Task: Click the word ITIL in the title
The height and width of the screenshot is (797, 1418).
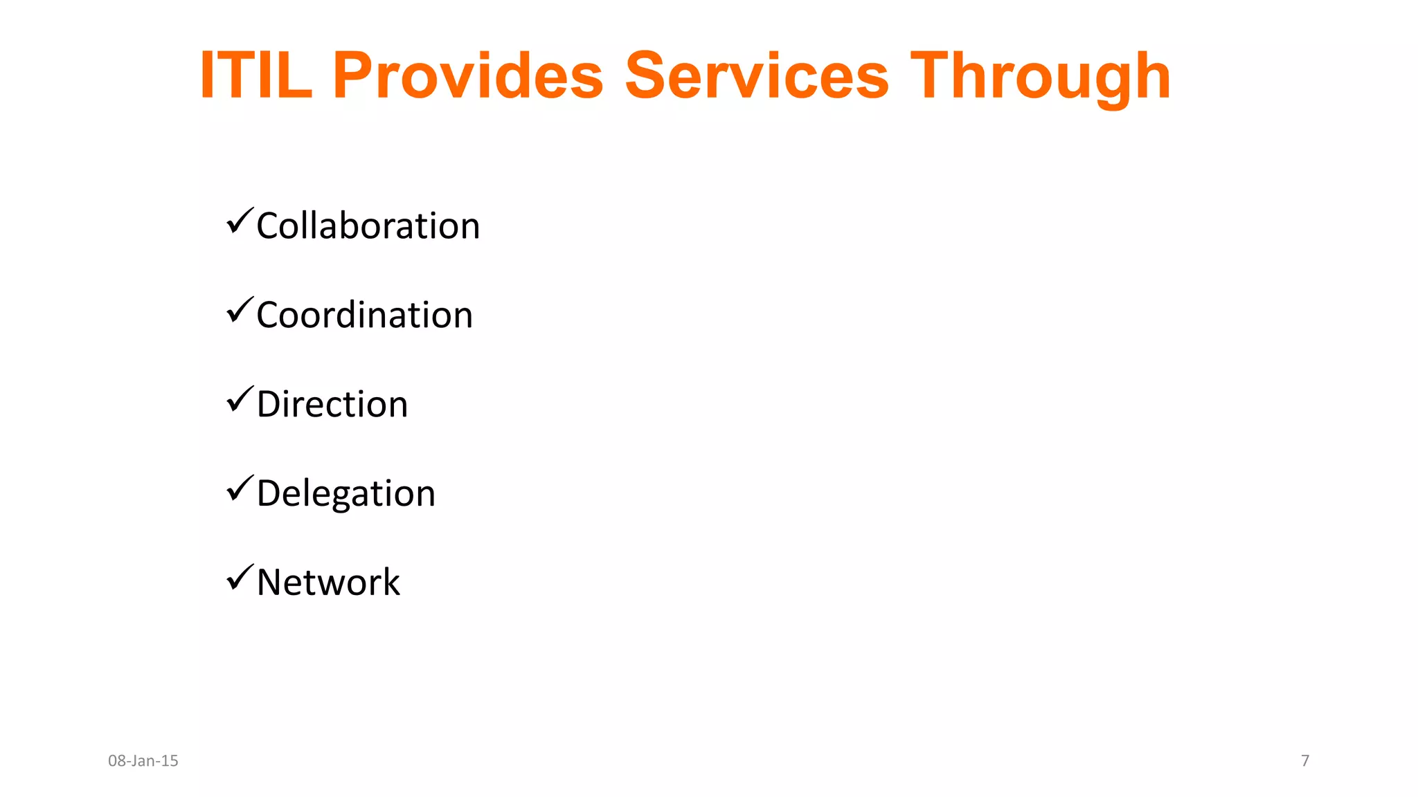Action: [x=255, y=75]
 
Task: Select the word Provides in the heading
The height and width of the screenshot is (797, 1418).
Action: [x=468, y=75]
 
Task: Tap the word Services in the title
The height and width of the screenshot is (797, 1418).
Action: [x=757, y=75]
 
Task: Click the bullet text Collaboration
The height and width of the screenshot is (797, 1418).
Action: [x=368, y=226]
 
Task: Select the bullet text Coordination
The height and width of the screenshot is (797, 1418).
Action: [x=364, y=315]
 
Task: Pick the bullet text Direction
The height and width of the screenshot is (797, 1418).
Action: [x=332, y=404]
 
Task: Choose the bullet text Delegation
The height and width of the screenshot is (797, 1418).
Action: [x=345, y=494]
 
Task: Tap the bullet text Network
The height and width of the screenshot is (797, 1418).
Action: [x=328, y=583]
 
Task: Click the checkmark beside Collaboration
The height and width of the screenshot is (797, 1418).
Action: [x=240, y=221]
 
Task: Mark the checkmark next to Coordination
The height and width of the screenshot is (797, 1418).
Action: [x=240, y=310]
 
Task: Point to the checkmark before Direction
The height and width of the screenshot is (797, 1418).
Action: [x=240, y=399]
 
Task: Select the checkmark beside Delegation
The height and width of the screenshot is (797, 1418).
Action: [x=240, y=488]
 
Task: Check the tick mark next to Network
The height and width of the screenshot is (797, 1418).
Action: [x=240, y=577]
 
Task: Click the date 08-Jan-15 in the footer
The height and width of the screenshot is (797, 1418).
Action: [x=143, y=761]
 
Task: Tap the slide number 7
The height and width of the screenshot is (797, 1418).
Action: [x=1305, y=761]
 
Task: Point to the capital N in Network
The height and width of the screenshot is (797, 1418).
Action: [x=271, y=583]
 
